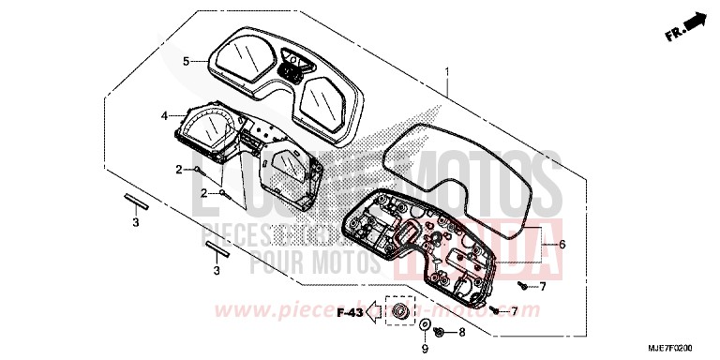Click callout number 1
point(447,71)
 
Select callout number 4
point(164,116)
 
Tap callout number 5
point(186,62)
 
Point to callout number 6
point(562,244)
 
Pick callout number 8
point(461,332)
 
